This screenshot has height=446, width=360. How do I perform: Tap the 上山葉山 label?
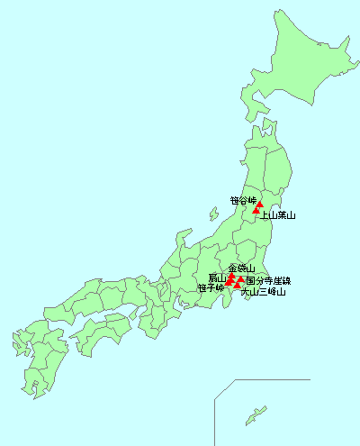pos(278,215)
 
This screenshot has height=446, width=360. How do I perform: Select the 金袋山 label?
pos(241,269)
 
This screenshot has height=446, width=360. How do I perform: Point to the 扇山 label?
pos(217,278)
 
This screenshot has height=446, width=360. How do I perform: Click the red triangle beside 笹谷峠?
pos(259,204)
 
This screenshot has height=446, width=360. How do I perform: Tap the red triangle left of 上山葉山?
pos(256,211)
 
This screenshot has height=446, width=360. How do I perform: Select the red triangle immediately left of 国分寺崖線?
pos(240,279)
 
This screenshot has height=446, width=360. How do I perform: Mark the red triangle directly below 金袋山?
pos(232,278)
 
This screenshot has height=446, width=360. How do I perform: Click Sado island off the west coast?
pos(212,215)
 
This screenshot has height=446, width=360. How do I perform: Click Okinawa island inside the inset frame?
pos(256,415)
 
